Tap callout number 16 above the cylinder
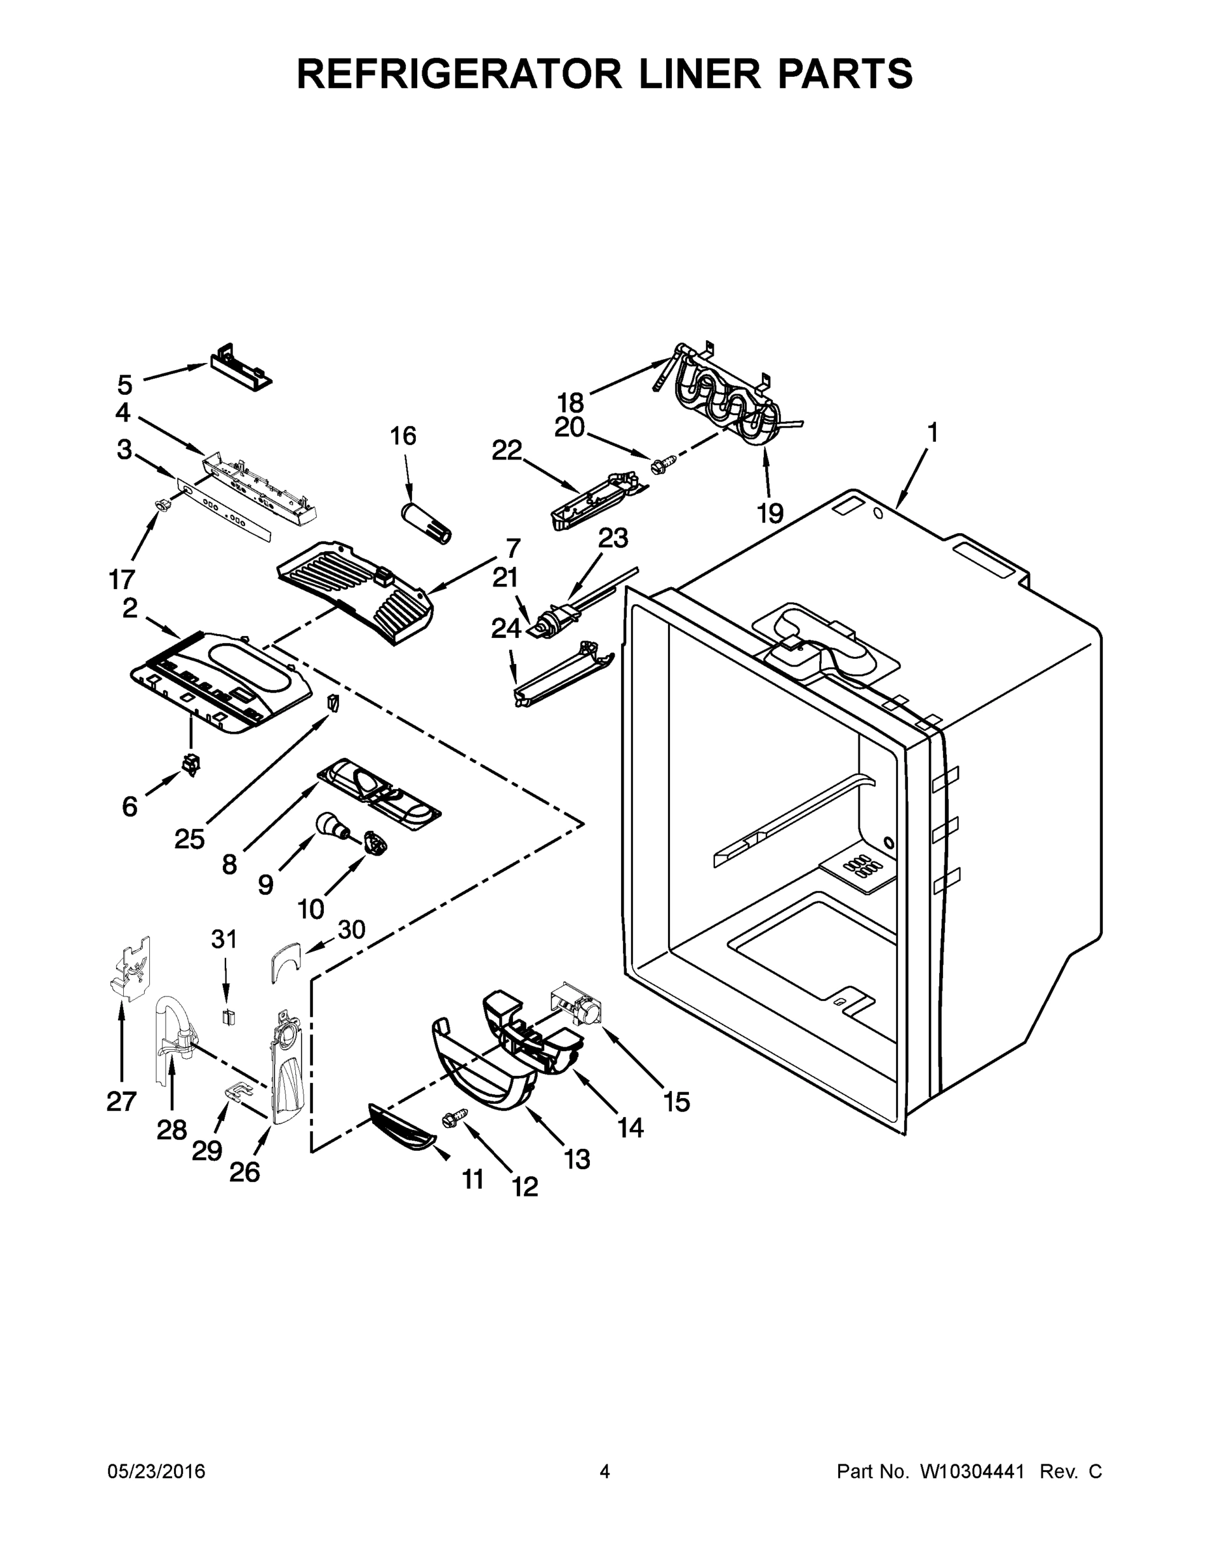click(403, 435)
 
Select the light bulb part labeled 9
click(332, 826)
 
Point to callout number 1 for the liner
click(932, 433)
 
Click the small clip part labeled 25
click(332, 702)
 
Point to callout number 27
click(121, 1101)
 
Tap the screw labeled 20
click(658, 465)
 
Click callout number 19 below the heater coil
click(770, 513)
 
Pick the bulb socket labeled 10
click(375, 843)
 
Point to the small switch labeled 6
click(190, 765)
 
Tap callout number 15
click(676, 1102)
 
